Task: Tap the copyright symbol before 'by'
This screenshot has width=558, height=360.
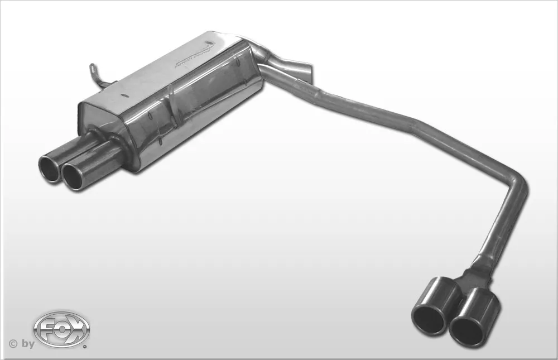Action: pos(12,343)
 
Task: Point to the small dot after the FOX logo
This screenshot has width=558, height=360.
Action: pos(85,346)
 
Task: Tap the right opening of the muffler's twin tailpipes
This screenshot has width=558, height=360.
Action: pos(73,176)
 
